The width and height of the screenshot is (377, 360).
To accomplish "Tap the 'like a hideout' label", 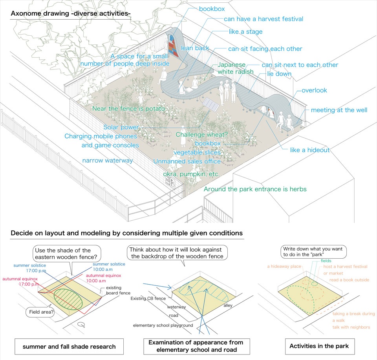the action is coord(310,150).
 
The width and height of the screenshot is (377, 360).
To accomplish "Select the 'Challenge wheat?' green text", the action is coord(201,134).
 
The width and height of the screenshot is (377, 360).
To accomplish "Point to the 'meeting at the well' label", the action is coord(339,110).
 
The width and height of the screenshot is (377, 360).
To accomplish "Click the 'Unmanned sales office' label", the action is coord(187,161).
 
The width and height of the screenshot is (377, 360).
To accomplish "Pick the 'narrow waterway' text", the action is coord(108,161).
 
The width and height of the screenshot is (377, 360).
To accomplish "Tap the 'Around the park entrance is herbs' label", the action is coord(255,189).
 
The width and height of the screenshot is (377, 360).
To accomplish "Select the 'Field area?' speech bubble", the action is coord(40,312).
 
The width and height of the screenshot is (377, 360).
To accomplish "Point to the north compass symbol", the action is coord(81,325).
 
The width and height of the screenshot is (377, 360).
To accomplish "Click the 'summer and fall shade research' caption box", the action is coord(69,347).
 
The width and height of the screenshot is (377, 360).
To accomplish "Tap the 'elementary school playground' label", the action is coord(163,325).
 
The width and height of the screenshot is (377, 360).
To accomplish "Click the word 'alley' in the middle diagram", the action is coord(228,305).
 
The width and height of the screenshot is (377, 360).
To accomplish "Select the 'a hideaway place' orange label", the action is coord(284,266).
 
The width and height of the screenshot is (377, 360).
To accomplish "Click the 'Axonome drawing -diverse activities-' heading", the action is coord(71,13).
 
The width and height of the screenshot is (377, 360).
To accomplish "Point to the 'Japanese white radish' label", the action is coord(235,68).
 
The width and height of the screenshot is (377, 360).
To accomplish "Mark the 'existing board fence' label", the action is coord(118,290).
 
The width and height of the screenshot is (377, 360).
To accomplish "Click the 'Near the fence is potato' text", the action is coord(129,109).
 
